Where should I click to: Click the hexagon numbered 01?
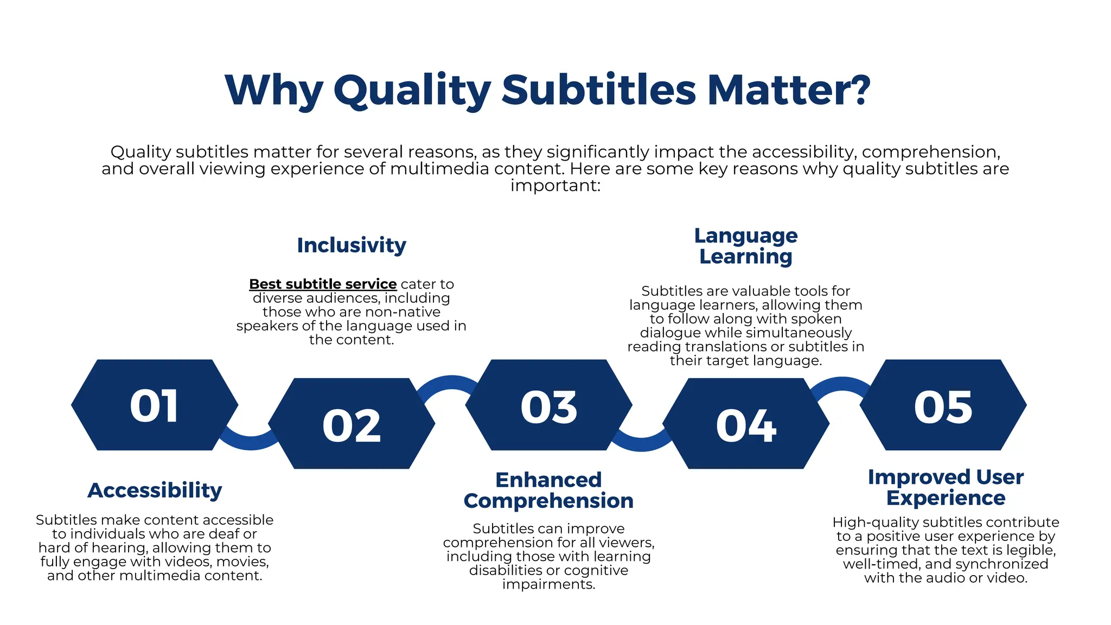click(155, 405)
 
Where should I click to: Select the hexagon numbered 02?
click(352, 424)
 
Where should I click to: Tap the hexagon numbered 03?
click(548, 405)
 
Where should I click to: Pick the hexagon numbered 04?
click(746, 424)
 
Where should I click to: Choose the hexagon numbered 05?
click(943, 405)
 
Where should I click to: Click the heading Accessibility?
click(155, 490)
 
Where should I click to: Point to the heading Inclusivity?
click(352, 245)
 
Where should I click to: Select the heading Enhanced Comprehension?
click(548, 490)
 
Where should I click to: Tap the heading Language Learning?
click(746, 246)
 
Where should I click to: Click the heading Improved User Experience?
click(946, 487)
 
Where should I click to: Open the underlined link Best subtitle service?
click(323, 284)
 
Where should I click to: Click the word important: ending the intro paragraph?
click(555, 186)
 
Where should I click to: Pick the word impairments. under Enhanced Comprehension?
click(548, 584)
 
